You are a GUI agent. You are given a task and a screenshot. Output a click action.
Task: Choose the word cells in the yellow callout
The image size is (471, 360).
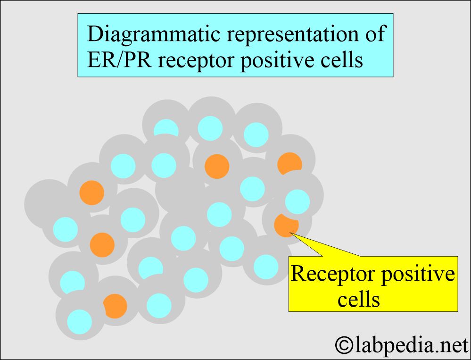(x=359, y=299)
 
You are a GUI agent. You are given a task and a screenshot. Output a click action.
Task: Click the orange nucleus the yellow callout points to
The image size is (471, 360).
(x=286, y=224)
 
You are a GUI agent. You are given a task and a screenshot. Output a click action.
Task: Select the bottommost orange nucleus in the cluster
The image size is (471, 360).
(x=115, y=306)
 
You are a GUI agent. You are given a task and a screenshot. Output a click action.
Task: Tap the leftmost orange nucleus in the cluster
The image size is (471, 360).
(x=91, y=193)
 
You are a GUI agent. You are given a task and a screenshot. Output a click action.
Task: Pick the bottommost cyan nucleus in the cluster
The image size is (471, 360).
(x=79, y=321)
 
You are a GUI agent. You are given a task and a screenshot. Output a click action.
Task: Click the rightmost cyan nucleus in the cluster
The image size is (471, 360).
(x=297, y=201)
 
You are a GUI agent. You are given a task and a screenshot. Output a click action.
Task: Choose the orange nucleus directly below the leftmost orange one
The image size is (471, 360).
(x=102, y=244)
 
